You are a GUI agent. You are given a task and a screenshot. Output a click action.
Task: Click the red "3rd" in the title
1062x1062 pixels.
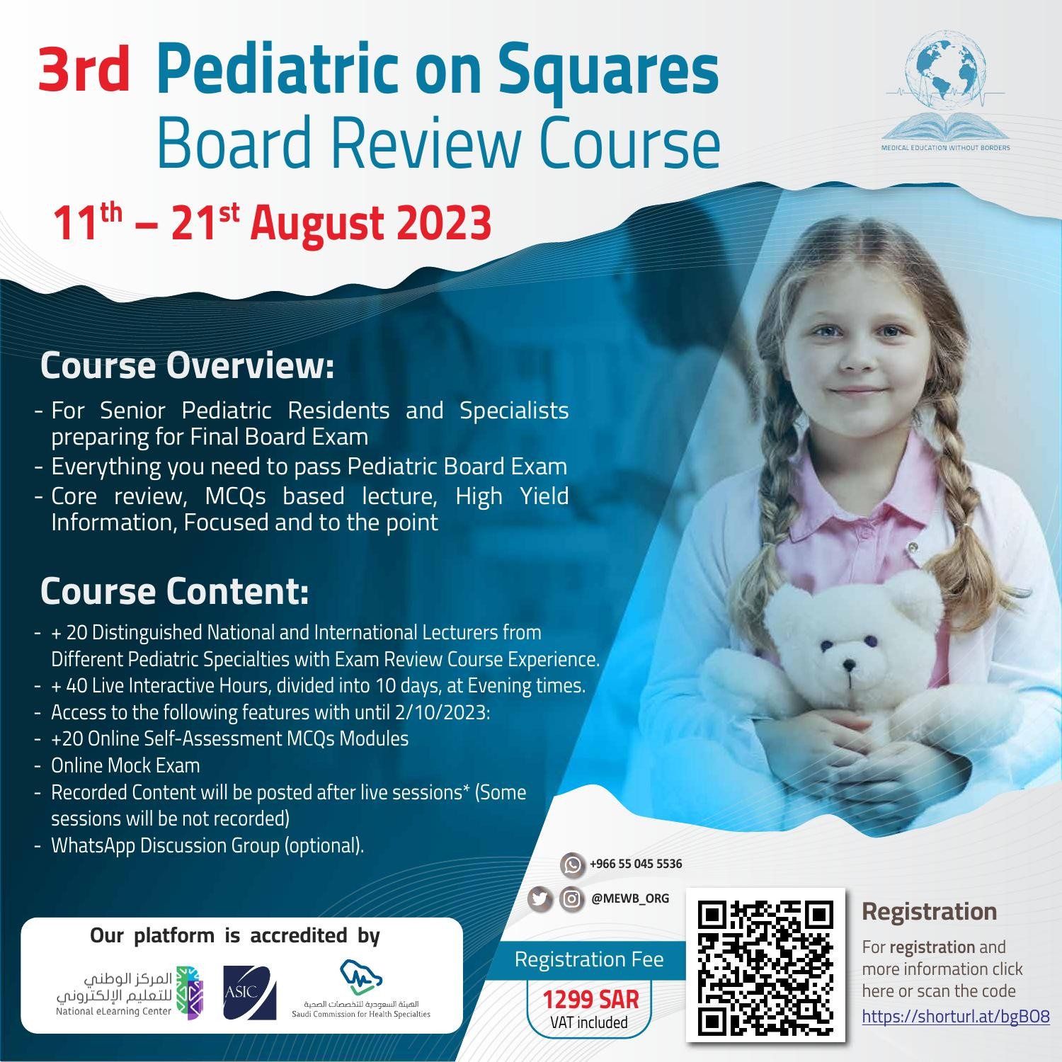[84, 73]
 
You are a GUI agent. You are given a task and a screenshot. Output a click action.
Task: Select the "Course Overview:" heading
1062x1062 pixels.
[186, 365]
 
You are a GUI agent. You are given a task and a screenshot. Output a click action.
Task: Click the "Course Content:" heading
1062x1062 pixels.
[174, 591]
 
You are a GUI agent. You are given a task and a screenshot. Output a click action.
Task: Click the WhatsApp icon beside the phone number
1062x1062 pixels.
[572, 864]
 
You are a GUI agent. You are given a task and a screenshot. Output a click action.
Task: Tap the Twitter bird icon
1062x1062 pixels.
[539, 898]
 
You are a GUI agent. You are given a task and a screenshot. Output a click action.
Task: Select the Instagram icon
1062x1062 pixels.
[571, 898]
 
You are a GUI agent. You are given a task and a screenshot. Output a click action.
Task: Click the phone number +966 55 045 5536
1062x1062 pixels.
[635, 864]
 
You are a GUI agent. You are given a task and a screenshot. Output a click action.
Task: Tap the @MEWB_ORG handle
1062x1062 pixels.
[629, 898]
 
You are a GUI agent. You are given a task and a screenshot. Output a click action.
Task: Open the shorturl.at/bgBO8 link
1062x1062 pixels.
[955, 1017]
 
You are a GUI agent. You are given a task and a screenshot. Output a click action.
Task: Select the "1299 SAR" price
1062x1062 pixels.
[590, 1000]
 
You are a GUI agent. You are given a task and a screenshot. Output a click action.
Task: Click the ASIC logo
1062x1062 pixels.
[249, 993]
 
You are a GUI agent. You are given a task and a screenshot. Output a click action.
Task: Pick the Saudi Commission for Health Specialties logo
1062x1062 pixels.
[361, 988]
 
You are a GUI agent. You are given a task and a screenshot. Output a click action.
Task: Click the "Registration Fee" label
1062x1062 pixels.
[589, 959]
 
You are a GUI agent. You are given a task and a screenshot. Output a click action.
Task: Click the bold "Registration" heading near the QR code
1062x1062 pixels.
[929, 911]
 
